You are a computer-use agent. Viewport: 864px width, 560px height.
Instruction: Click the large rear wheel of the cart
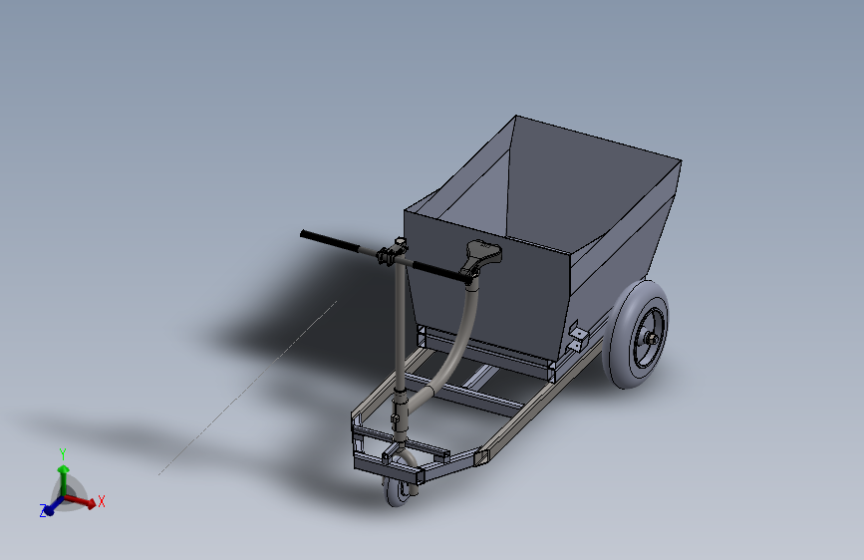coord(636,334)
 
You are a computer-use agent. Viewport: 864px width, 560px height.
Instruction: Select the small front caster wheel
coord(397,491)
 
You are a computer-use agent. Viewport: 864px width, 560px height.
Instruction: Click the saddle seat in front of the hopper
coord(483,255)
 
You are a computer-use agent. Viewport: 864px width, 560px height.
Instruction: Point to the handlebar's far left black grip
coord(330,242)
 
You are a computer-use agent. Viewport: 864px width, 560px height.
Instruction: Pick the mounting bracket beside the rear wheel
coord(576,338)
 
